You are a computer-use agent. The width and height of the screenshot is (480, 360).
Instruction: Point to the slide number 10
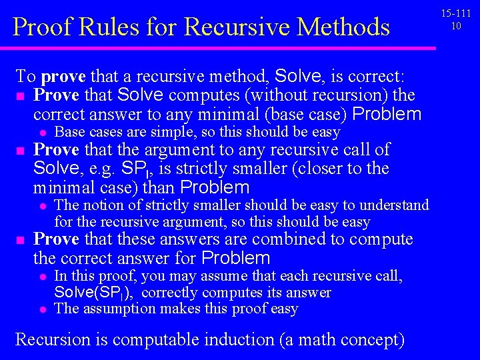point(456,25)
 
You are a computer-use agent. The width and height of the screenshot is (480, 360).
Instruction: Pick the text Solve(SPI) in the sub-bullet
point(95,293)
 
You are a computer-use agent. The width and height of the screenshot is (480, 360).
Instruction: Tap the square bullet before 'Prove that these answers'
point(20,240)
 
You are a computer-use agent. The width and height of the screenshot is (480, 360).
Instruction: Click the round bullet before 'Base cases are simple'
point(41,133)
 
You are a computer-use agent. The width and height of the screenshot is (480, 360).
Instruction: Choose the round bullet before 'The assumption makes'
point(41,309)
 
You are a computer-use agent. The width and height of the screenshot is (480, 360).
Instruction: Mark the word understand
point(396,205)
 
